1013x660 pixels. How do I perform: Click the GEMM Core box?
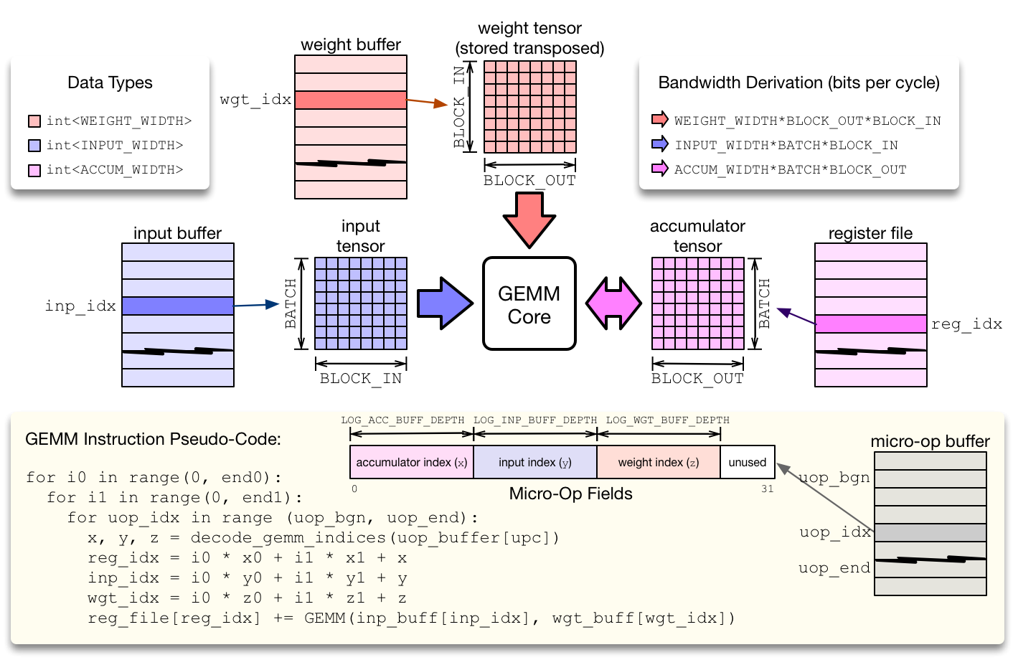(529, 304)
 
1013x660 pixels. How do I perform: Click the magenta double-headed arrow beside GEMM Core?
(613, 303)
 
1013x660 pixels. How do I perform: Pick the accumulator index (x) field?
(411, 463)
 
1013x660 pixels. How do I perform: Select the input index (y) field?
(535, 463)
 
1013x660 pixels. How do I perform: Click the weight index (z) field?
(658, 463)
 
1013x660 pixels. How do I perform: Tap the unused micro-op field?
(747, 463)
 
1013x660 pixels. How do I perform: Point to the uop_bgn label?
(834, 478)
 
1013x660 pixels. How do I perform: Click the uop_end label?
(834, 568)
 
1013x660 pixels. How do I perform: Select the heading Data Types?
(110, 82)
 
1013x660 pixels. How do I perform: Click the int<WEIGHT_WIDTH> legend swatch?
(34, 121)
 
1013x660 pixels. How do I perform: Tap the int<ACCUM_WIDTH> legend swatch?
(34, 170)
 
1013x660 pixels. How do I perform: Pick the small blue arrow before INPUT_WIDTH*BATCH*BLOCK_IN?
(659, 144)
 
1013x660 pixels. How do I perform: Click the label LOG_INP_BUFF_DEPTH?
(535, 420)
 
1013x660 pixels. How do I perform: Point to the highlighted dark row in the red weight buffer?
(351, 100)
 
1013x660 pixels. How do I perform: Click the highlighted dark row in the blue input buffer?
(178, 306)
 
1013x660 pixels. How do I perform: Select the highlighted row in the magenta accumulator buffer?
(871, 324)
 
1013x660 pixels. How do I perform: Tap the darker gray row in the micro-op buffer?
(930, 532)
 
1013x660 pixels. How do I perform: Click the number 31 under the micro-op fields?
(767, 489)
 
